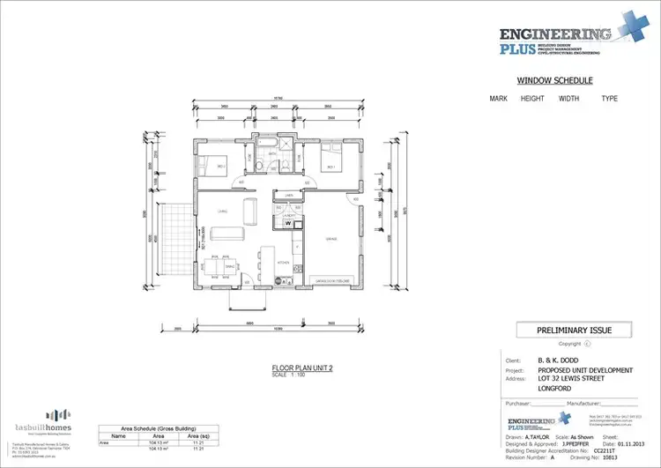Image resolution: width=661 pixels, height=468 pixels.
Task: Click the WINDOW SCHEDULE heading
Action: (x=553, y=80)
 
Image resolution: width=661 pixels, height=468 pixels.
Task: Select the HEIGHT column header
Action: (x=532, y=99)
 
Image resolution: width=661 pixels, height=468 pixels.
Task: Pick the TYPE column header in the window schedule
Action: (x=609, y=99)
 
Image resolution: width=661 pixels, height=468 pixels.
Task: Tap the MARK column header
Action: (x=499, y=99)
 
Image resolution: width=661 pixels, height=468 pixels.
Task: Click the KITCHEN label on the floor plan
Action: (x=284, y=263)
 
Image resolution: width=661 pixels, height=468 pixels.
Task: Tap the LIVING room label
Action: (x=223, y=212)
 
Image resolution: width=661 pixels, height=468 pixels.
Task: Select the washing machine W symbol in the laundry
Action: (x=287, y=222)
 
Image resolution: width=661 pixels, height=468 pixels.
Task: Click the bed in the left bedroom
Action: (x=213, y=165)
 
